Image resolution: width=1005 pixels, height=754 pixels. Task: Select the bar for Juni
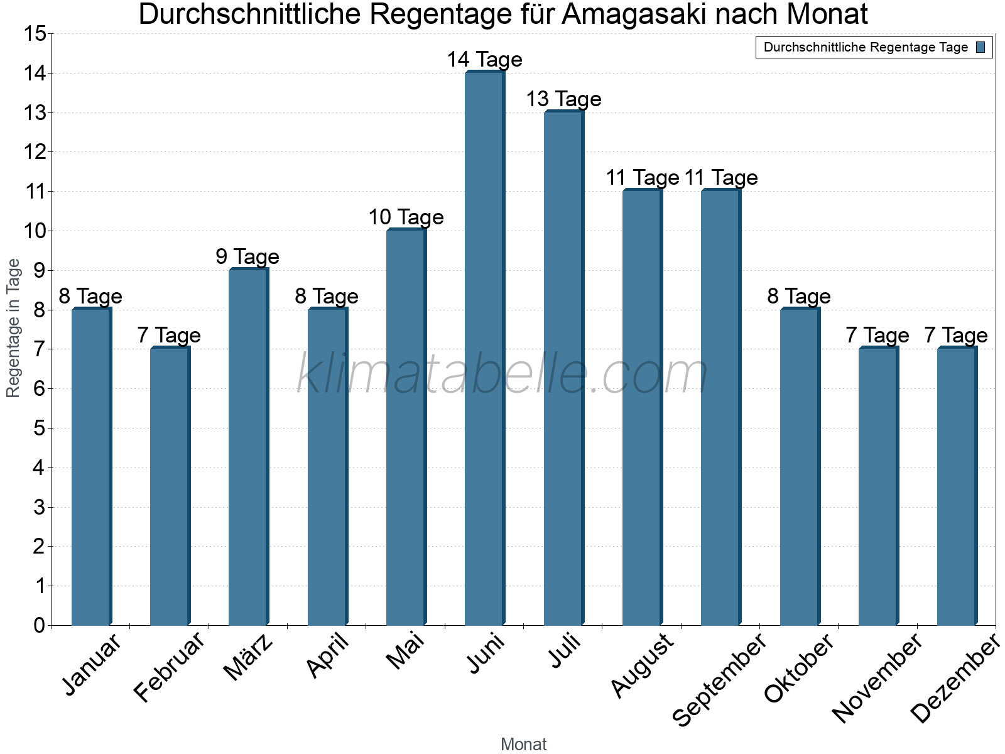coord(484,349)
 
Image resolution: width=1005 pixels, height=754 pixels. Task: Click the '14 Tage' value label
coord(484,60)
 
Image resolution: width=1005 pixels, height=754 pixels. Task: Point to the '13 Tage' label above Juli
coord(563,99)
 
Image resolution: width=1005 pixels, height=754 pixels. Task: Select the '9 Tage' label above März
coord(247,257)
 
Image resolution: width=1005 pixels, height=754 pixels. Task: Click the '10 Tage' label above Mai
coord(406,217)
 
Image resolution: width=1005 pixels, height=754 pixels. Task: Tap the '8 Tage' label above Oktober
coord(799,297)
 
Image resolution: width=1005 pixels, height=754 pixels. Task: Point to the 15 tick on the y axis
coord(35,34)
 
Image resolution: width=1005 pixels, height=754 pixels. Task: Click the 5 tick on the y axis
coord(40,429)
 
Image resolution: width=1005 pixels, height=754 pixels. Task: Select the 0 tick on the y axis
coord(40,625)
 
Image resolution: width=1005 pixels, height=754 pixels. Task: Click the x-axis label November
coord(877,679)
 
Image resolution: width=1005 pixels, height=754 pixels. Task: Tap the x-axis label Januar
coord(92,665)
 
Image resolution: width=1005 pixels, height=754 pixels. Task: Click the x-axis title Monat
coord(523,745)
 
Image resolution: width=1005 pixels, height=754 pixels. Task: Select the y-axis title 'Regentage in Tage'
coord(13,328)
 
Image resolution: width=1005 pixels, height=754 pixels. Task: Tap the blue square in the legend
coord(981,47)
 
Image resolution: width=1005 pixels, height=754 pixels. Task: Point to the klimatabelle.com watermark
coord(503,374)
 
